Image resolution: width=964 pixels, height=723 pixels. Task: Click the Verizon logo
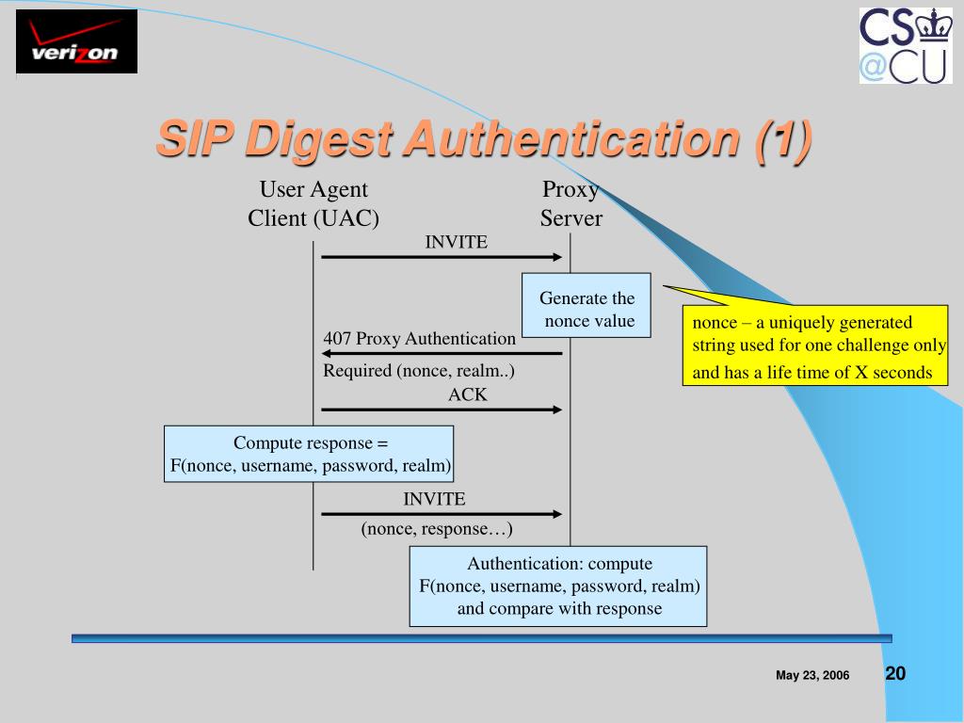76,41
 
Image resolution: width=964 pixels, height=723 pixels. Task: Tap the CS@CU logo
905,45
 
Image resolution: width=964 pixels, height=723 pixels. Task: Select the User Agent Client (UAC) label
313,204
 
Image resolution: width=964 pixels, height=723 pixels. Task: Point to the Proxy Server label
570,204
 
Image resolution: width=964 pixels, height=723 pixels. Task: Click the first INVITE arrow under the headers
442,256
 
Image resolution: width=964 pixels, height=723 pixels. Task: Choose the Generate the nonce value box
586,310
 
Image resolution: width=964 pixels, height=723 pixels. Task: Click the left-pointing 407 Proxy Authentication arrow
442,353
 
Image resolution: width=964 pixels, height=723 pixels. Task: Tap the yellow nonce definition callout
815,345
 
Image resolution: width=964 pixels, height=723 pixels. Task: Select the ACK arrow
442,410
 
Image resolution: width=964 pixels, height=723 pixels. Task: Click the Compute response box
309,454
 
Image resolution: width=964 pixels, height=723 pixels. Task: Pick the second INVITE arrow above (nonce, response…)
442,514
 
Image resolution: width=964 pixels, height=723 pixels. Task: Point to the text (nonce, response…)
437,529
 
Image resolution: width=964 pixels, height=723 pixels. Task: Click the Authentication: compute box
558,586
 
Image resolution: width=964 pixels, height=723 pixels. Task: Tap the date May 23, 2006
812,676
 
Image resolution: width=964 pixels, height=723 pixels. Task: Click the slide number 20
895,673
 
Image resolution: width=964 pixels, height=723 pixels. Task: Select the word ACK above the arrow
468,395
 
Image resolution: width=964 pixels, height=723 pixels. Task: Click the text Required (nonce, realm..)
419,371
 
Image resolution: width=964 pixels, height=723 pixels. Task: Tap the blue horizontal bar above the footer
481,638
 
